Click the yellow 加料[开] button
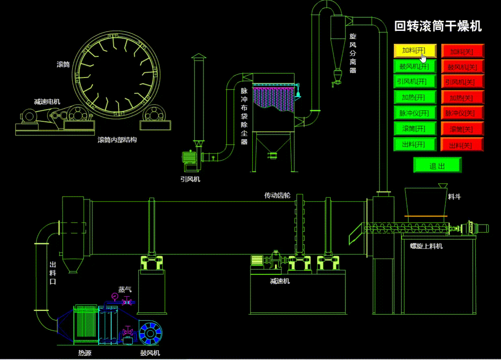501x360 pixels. (x=415, y=51)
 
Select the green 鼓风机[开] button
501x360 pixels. (x=415, y=66)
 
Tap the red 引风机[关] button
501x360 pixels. (x=462, y=82)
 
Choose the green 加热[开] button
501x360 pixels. (x=415, y=97)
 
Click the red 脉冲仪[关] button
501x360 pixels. (x=462, y=113)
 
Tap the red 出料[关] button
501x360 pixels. (x=462, y=145)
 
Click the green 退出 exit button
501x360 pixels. (x=437, y=165)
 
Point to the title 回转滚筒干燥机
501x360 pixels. (x=438, y=26)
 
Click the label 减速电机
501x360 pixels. (x=47, y=102)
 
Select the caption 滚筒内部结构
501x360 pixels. (x=117, y=140)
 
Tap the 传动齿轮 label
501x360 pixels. (x=277, y=195)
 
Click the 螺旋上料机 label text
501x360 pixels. (x=426, y=246)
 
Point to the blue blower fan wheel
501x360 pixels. (x=150, y=333)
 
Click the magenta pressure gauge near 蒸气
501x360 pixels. (x=115, y=296)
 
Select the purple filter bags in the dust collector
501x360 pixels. (x=273, y=99)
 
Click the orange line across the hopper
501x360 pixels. (x=426, y=216)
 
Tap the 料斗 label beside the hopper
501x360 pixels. (x=454, y=197)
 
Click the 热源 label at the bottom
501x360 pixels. (x=85, y=353)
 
